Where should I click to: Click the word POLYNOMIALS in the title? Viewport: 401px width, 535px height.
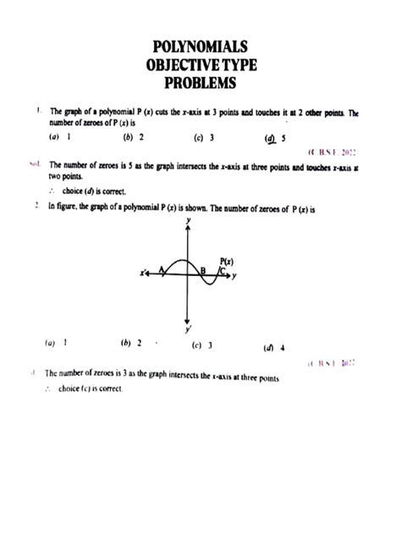click(200, 47)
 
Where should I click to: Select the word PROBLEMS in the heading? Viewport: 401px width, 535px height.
click(200, 83)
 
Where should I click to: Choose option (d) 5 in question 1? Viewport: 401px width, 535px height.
click(275, 138)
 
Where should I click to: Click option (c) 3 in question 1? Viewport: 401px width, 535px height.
click(203, 137)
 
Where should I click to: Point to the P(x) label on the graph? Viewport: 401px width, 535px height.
click(226, 261)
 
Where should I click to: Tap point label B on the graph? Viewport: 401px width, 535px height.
click(203, 271)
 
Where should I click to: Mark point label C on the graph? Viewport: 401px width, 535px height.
click(222, 271)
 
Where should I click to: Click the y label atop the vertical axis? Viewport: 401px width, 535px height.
click(188, 219)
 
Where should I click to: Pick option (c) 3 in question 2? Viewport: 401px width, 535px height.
click(202, 345)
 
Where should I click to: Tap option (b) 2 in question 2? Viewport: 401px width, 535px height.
click(130, 343)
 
